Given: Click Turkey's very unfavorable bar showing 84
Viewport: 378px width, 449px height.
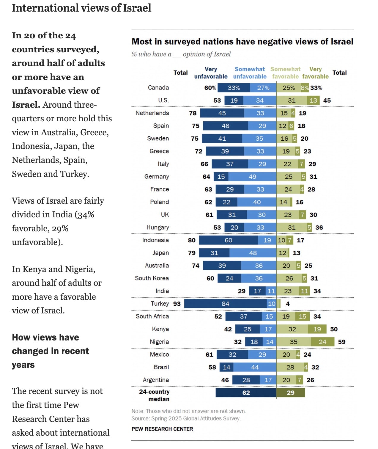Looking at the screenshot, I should pos(225,304).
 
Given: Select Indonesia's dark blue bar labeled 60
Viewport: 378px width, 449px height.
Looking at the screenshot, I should pos(228,240).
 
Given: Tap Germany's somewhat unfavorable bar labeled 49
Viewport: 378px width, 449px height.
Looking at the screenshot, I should pos(252,177).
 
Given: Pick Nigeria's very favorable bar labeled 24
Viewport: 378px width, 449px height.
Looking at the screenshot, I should pos(322,342).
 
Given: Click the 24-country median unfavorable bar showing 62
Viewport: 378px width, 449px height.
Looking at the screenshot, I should pos(246,393).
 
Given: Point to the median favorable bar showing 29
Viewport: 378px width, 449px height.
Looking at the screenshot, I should pos(291,393).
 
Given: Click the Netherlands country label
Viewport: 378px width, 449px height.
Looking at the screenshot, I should pos(152,113).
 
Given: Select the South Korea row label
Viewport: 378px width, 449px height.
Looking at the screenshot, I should pos(152,278).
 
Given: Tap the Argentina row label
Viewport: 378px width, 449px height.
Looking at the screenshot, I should pos(156,380).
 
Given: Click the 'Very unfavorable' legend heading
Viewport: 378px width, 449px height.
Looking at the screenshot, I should pos(211,73).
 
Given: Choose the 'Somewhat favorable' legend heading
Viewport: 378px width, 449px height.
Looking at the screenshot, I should pos(285,73).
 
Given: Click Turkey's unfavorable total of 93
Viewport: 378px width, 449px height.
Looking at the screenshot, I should pos(177,304).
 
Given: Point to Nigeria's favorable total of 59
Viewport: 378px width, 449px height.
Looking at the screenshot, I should pos(342,342).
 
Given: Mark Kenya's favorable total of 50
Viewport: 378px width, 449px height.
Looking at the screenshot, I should pos(334,329).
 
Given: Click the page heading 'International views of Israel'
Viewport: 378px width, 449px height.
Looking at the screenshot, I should pos(81,8).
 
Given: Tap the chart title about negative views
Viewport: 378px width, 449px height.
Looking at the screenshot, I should pos(242,42).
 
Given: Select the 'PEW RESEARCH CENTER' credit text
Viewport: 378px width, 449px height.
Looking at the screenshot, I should pos(162,429).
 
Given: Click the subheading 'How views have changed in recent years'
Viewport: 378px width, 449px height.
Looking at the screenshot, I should pos(50,351).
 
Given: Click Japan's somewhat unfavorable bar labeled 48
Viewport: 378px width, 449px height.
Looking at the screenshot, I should pos(253,253).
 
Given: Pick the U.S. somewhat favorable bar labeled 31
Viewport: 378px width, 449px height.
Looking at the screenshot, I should pos(292,101).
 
